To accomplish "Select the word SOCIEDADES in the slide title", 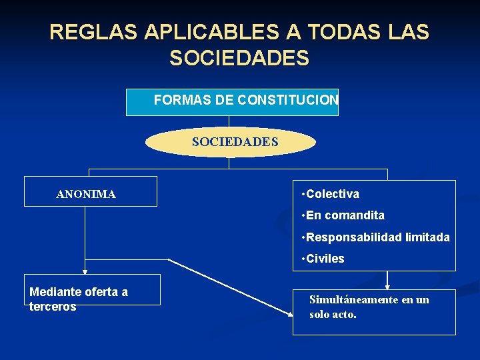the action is (x=239, y=59).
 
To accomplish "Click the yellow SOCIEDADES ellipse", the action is (x=231, y=142).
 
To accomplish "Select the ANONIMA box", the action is (x=91, y=191).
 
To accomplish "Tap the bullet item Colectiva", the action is (x=332, y=194).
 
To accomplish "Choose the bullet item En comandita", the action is (x=345, y=215).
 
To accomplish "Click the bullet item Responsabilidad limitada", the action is (x=377, y=237).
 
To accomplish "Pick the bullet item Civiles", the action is (x=325, y=259).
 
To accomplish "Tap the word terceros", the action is (x=53, y=307).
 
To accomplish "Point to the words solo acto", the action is (x=333, y=313).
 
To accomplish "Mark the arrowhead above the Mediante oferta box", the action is (x=85, y=271).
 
